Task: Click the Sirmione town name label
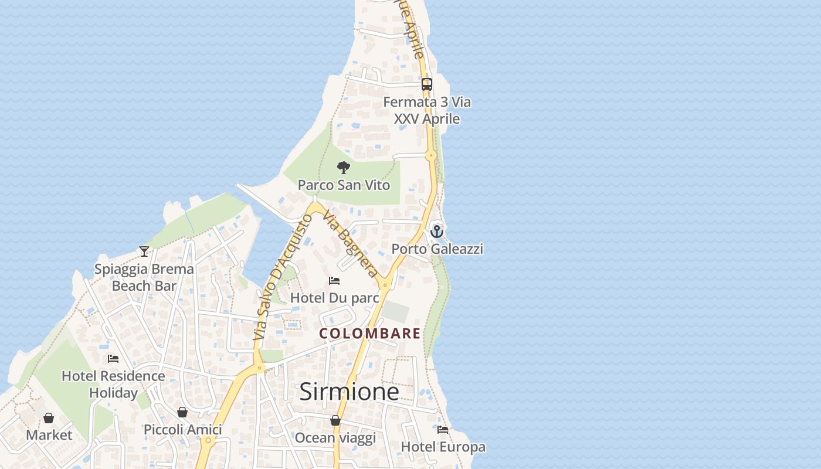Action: point(349,392)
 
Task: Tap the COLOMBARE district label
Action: point(370,334)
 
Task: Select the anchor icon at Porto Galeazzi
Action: point(436,232)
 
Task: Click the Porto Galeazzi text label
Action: point(437,249)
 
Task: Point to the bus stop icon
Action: point(427,84)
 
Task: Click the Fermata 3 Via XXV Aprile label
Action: point(427,110)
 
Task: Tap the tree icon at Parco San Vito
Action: point(344,168)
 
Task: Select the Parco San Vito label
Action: point(344,185)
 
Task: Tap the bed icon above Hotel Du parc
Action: point(334,281)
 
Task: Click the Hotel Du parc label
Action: point(334,298)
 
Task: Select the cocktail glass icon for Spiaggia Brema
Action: point(144,252)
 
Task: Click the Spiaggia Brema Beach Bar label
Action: point(144,277)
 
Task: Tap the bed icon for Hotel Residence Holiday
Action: point(113,359)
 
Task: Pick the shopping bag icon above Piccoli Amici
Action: point(182,412)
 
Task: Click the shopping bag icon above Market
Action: point(49,418)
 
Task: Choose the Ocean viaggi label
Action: point(335,438)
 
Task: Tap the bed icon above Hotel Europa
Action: point(443,430)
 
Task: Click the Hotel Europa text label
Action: point(443,447)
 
